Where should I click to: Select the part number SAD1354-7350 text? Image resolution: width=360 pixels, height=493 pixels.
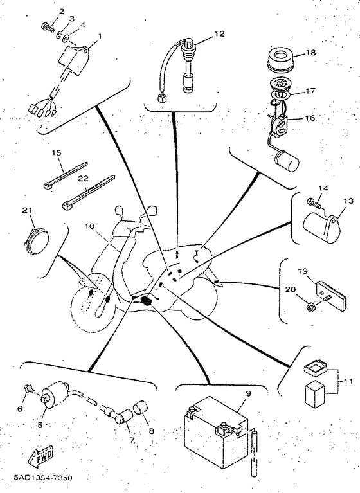tap(43, 478)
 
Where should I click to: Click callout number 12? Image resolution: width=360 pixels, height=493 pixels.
tap(220, 33)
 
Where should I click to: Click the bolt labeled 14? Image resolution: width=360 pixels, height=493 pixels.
tap(314, 203)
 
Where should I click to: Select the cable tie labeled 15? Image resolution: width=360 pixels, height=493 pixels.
tap(65, 175)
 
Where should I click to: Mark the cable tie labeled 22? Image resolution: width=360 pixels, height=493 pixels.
tap(89, 192)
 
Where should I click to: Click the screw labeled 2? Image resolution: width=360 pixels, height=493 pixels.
tap(47, 28)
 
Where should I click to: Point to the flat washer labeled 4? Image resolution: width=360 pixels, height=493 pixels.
tap(66, 39)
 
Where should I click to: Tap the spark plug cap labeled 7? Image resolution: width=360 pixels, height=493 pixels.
tap(120, 416)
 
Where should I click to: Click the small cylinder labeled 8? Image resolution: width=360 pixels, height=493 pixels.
tap(141, 408)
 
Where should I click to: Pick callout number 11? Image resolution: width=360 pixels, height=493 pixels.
tap(347, 381)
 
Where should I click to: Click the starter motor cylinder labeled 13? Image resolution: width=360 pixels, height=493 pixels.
tap(321, 228)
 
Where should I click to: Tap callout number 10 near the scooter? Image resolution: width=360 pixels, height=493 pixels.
tap(89, 226)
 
